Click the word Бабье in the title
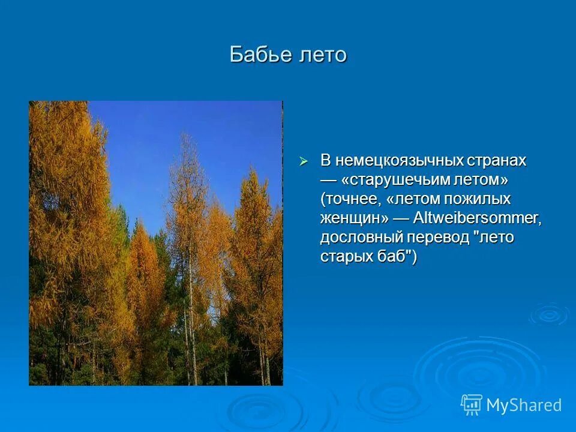pyautogui.click(x=259, y=55)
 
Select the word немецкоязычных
pyautogui.click(x=400, y=160)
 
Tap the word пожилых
pyautogui.click(x=479, y=199)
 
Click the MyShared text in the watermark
pyautogui.click(x=524, y=405)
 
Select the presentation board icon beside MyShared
pyautogui.click(x=472, y=405)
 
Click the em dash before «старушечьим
pyautogui.click(x=328, y=179)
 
